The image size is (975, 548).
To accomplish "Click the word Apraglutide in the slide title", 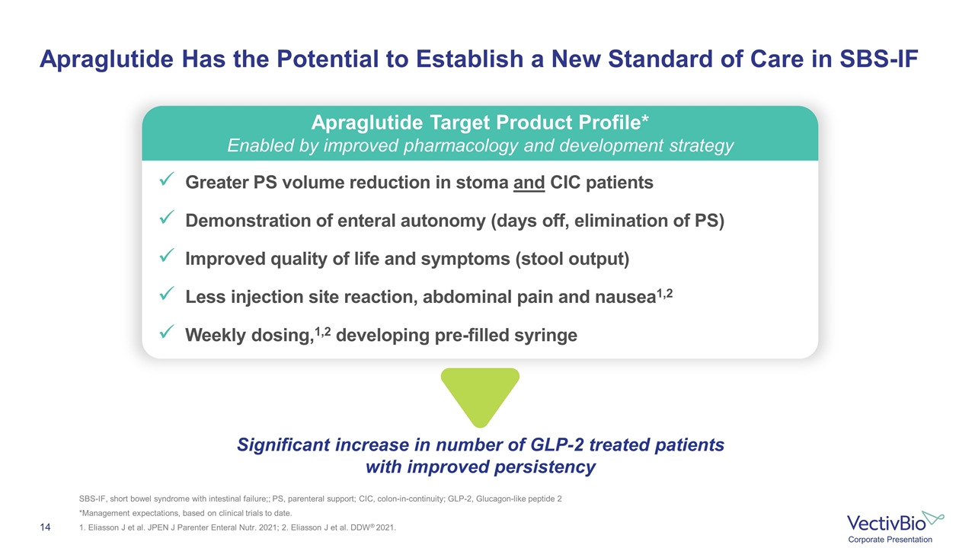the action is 107,59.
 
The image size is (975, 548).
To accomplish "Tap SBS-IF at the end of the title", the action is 879,59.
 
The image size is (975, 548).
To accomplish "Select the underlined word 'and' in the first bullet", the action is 529,183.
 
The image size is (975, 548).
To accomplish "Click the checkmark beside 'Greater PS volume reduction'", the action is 167,178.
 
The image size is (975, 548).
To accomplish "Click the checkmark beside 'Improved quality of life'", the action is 167,255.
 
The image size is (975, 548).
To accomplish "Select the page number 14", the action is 45,527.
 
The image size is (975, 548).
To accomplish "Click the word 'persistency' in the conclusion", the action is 545,467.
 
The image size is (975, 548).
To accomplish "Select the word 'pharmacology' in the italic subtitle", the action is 461,146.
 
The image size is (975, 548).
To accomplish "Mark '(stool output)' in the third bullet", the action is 572,260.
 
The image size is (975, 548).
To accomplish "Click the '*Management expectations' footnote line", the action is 185,513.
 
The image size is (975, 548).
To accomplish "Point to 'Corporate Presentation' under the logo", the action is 890,540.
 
